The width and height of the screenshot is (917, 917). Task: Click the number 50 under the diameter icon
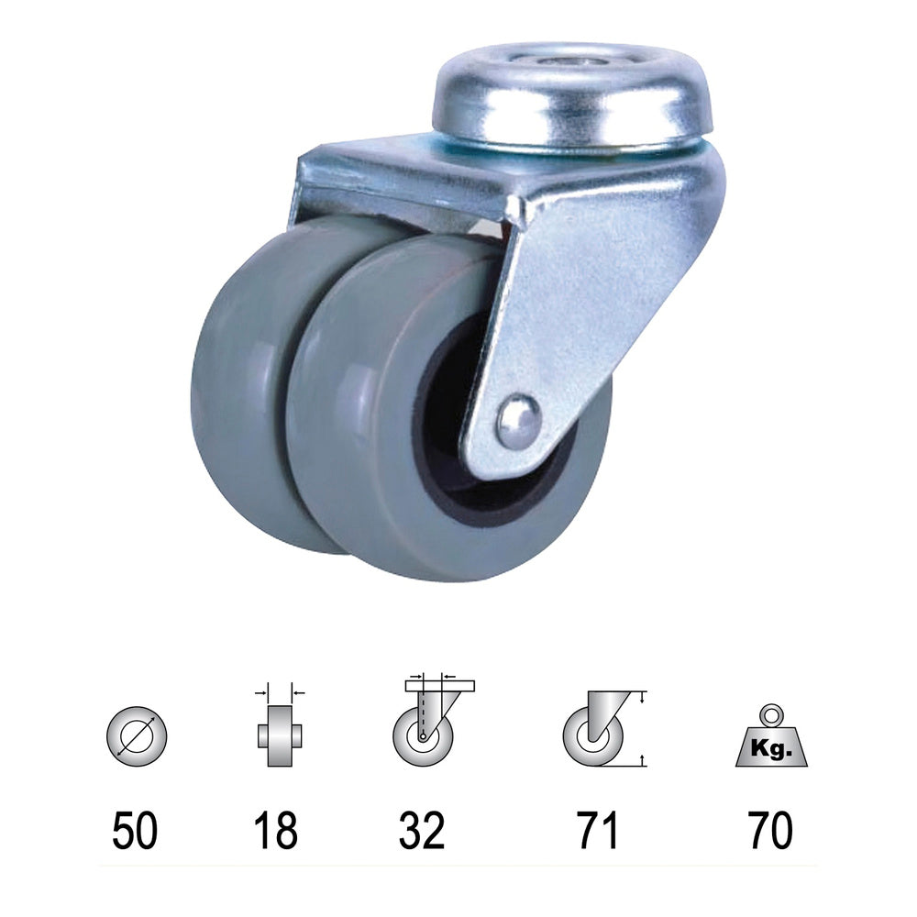135,830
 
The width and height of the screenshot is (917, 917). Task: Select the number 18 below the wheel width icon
275,830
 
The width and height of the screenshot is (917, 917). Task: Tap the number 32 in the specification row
422,830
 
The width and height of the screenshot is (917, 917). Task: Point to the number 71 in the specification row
598,830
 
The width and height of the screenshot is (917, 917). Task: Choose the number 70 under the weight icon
771,830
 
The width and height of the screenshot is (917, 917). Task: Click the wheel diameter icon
137,735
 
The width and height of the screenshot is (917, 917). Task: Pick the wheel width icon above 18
280,724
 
